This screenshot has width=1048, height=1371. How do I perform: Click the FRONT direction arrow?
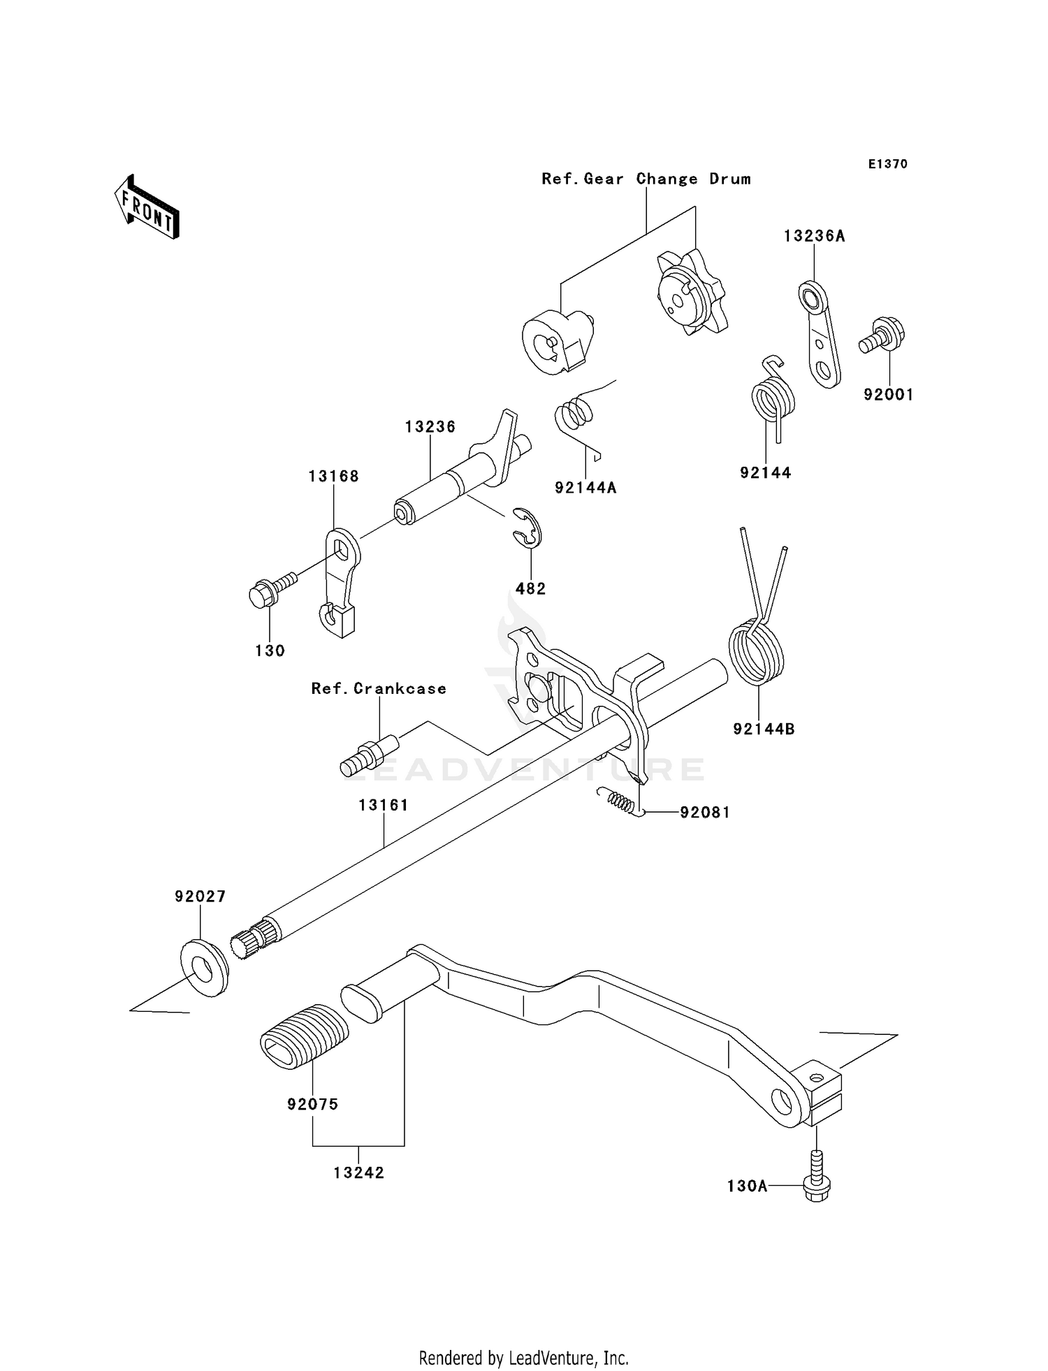click(147, 208)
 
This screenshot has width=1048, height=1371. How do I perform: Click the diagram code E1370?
click(887, 164)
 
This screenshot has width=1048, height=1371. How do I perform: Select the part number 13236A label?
click(814, 236)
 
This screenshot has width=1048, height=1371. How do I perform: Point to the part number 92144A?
click(585, 488)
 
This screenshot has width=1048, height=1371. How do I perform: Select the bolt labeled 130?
click(269, 591)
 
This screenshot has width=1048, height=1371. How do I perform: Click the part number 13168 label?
click(333, 477)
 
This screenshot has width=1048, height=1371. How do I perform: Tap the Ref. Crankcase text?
click(379, 689)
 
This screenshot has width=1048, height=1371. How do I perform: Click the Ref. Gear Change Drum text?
click(646, 180)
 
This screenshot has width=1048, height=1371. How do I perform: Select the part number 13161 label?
click(384, 805)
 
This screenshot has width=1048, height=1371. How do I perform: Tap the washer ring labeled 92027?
click(204, 969)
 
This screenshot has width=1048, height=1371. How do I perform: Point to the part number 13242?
click(358, 1173)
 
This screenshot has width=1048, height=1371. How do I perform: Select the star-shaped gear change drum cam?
click(691, 293)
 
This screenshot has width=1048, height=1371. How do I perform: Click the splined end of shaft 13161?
click(252, 941)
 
